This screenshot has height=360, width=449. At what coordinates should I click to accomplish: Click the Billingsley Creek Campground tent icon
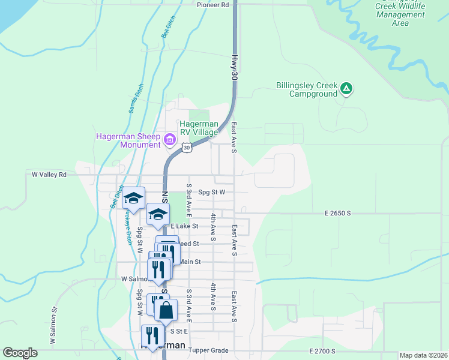click(x=346, y=89)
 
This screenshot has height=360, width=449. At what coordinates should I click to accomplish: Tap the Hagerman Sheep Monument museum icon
click(x=170, y=140)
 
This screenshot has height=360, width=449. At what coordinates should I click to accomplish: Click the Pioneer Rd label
click(x=213, y=5)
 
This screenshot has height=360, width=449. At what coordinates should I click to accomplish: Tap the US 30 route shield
click(x=187, y=147)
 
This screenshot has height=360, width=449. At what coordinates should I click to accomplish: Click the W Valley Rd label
click(x=49, y=174)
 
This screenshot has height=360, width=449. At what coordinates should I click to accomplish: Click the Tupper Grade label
click(x=208, y=350)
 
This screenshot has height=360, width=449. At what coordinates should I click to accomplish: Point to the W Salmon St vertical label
click(x=53, y=326)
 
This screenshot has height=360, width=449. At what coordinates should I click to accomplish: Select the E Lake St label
click(x=185, y=226)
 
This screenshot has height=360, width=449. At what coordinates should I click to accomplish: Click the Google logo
click(x=20, y=353)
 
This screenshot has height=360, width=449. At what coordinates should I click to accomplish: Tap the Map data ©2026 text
click(x=423, y=355)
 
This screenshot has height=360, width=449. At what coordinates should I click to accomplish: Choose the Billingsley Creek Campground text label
click(x=306, y=89)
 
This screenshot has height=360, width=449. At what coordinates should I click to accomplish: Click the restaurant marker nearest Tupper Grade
click(x=150, y=336)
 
